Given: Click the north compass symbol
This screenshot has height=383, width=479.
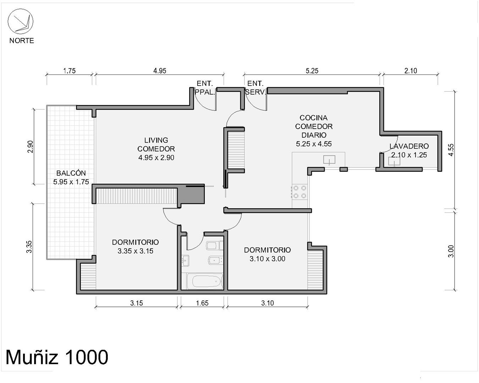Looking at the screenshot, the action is coord(21,22).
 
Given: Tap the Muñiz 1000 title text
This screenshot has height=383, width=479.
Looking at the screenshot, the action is coord(57,357).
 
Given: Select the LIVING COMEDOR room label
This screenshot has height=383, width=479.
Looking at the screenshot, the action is coord(156,144).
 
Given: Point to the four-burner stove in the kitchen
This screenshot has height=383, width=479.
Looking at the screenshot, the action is coord(299,192).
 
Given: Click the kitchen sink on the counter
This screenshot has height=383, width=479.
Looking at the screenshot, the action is coord(329,160).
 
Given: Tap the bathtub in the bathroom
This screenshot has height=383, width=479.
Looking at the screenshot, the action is coord(204,281).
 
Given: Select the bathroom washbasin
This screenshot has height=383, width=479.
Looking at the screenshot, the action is coord(185,261).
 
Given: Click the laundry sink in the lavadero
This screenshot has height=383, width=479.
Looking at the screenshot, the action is coord(394,161).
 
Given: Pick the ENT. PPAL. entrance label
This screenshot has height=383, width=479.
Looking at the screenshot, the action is coord(205,88).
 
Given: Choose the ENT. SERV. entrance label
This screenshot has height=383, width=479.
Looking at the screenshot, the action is coord(255,88).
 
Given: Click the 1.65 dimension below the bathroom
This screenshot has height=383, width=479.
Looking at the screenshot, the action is coord(202,303).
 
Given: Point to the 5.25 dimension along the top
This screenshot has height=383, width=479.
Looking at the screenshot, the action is coord(312,71).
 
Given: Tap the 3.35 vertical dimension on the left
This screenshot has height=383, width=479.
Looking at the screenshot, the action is coord(29,247).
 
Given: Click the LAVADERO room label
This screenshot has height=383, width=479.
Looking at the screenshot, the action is coord(409,146).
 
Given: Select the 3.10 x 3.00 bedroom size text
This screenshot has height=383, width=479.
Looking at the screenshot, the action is coord(267,259).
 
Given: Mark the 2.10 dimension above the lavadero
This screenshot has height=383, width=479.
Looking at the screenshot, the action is coord(411,71).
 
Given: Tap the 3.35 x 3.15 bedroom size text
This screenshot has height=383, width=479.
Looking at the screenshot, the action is coord(135,251).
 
